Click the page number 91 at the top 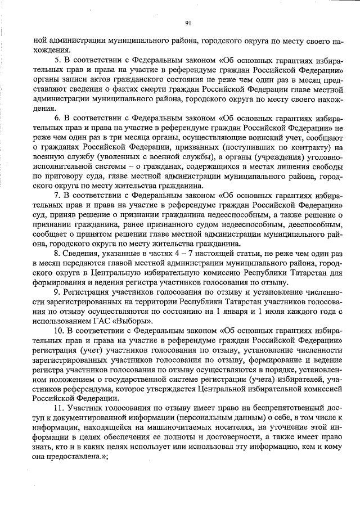pyautogui.click(x=188, y=23)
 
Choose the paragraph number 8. pyautogui.click(x=56, y=254)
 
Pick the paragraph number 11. pyautogui.click(x=58, y=408)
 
